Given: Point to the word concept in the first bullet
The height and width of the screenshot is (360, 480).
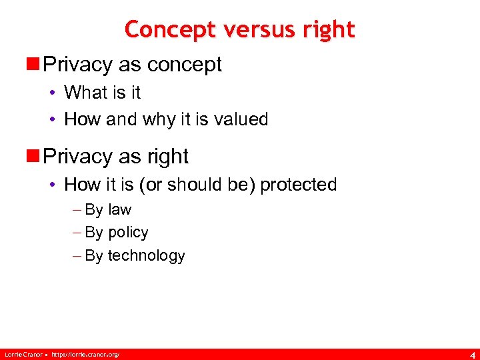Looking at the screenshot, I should click(185, 65).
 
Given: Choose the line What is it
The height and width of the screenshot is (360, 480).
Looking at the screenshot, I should click(102, 92).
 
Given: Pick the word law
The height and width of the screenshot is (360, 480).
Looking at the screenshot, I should click(120, 209).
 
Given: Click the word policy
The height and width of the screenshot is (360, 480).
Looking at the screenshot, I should click(128, 233).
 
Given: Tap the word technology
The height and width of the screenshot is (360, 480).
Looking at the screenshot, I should click(146, 255).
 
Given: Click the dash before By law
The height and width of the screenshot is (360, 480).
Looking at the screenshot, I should click(77, 209).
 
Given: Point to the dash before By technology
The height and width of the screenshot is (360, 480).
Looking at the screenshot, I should click(77, 255).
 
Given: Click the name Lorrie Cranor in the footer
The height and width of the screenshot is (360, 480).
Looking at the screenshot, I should click(23, 353).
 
